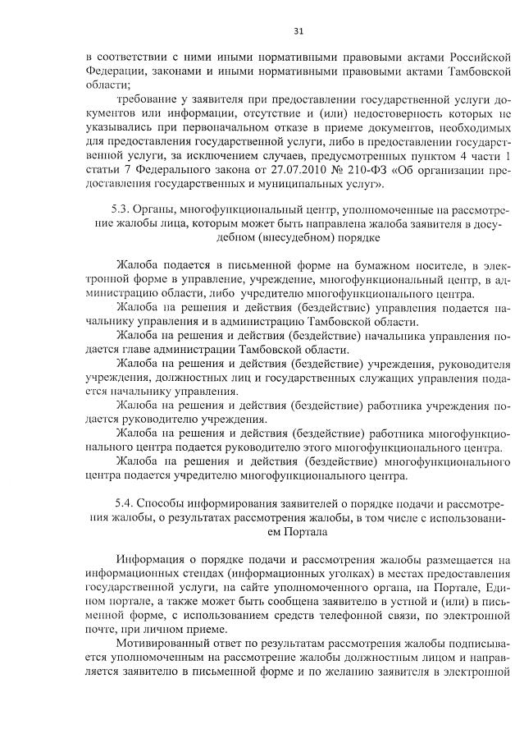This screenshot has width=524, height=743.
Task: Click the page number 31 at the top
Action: pos(298,31)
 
